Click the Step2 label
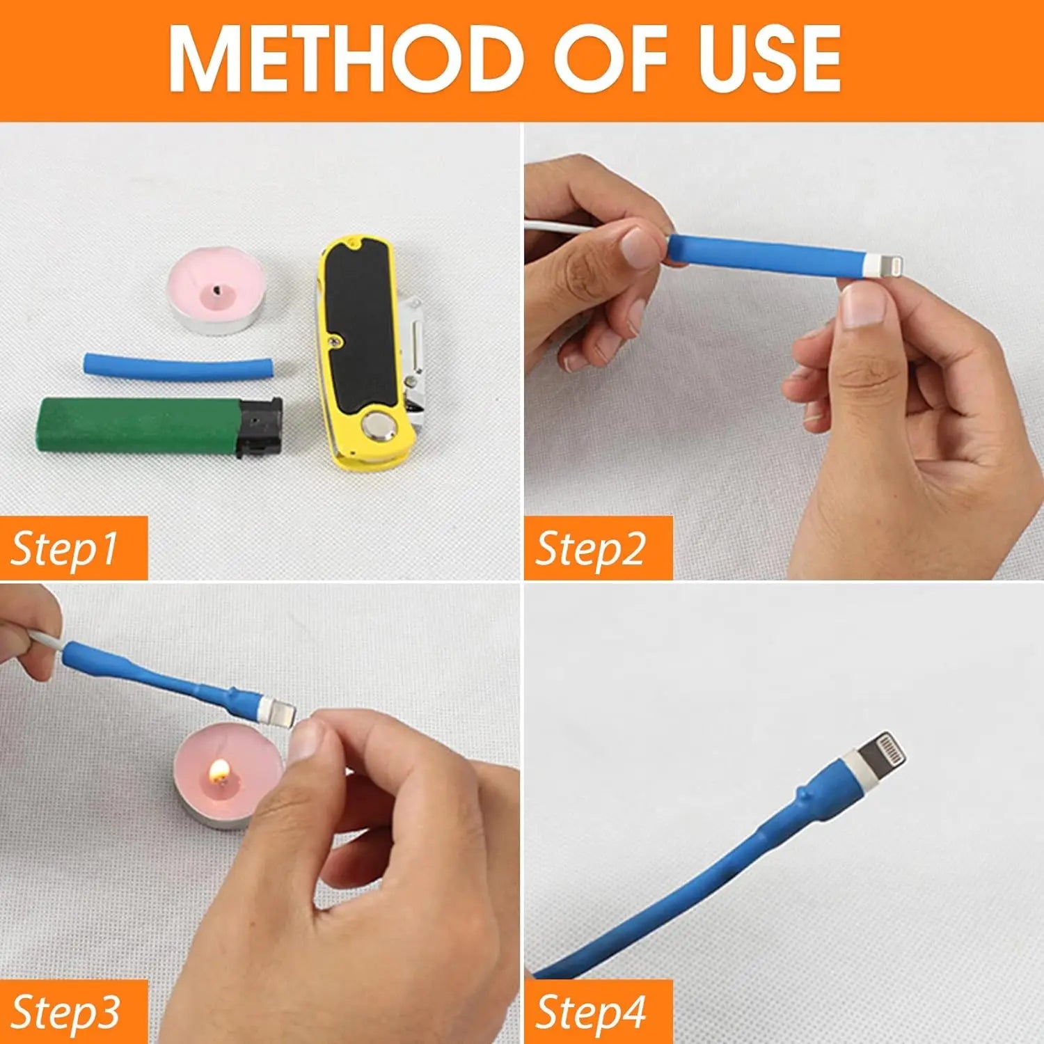coord(591,548)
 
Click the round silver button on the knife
coord(379,425)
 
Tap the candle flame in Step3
coord(220,770)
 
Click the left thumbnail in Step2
coord(638,247)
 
